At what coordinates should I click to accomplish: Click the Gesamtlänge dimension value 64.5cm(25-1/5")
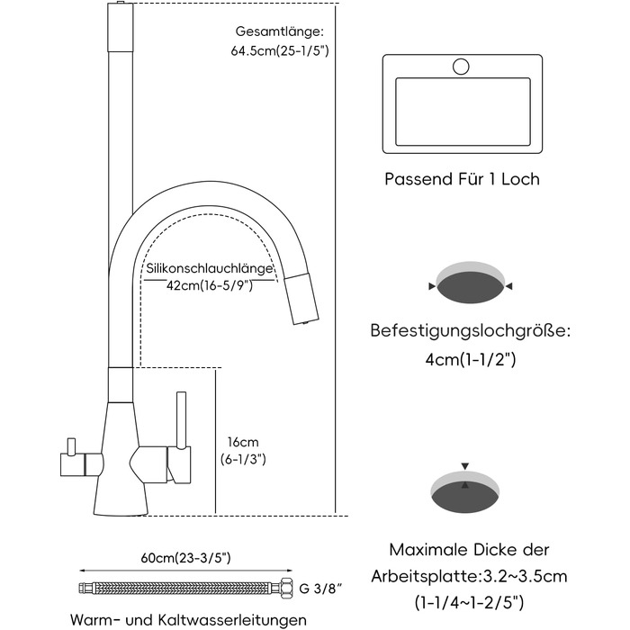click(280, 51)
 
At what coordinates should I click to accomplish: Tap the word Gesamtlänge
click(278, 31)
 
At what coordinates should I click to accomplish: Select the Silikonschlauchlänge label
click(210, 268)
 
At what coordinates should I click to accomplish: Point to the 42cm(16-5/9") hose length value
click(210, 285)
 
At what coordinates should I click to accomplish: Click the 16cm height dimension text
click(243, 443)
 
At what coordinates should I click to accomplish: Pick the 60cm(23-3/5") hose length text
click(185, 558)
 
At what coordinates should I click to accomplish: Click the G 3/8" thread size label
click(320, 589)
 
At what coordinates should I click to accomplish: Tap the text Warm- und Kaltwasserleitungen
click(188, 619)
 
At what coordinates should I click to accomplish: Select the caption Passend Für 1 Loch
click(462, 179)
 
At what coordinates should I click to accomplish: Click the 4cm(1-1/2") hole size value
click(470, 359)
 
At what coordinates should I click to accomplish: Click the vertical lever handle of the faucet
click(182, 419)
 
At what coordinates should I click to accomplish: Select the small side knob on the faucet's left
click(71, 446)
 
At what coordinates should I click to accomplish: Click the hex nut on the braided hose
click(285, 589)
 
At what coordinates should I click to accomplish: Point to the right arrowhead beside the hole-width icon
click(508, 286)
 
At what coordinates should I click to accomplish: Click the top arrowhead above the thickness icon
click(465, 466)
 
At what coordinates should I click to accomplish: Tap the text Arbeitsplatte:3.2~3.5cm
click(469, 577)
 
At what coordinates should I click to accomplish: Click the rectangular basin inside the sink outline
click(463, 112)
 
